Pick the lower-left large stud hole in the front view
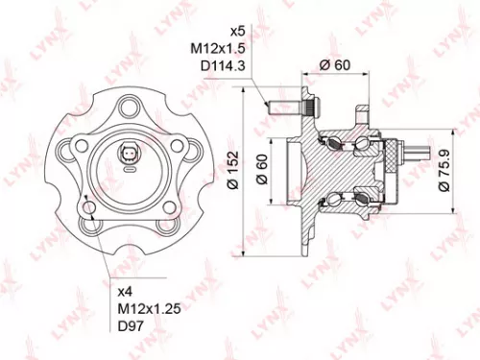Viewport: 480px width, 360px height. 93,209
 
